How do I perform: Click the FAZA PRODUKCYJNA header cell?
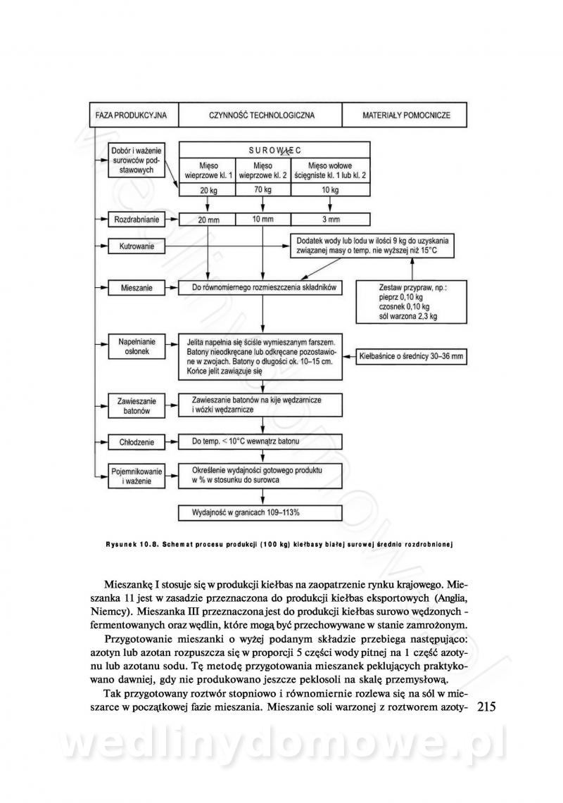(132, 115)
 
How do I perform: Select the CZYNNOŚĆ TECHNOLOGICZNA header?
(261, 115)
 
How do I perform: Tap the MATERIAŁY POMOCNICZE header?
(405, 115)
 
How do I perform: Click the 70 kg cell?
(262, 190)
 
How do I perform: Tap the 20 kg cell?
(208, 190)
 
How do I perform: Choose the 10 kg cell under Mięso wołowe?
(331, 190)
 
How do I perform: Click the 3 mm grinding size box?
(331, 220)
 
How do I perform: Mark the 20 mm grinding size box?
(208, 220)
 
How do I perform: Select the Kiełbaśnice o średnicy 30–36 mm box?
(412, 356)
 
